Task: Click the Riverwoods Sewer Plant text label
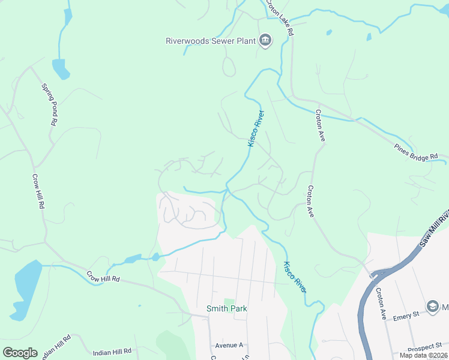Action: click(211, 41)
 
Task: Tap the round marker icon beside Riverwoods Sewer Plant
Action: click(265, 41)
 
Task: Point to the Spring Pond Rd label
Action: click(49, 104)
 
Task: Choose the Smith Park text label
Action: click(227, 308)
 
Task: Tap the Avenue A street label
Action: click(229, 346)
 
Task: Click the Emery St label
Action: click(406, 315)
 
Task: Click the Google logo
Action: click(20, 353)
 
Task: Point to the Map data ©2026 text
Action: click(423, 355)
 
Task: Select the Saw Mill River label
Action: click(433, 230)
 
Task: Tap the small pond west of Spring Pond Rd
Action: click(61, 68)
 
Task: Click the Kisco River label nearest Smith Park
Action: click(295, 277)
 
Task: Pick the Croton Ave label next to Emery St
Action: click(381, 304)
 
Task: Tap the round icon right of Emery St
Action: click(432, 307)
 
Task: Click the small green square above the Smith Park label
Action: click(228, 301)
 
